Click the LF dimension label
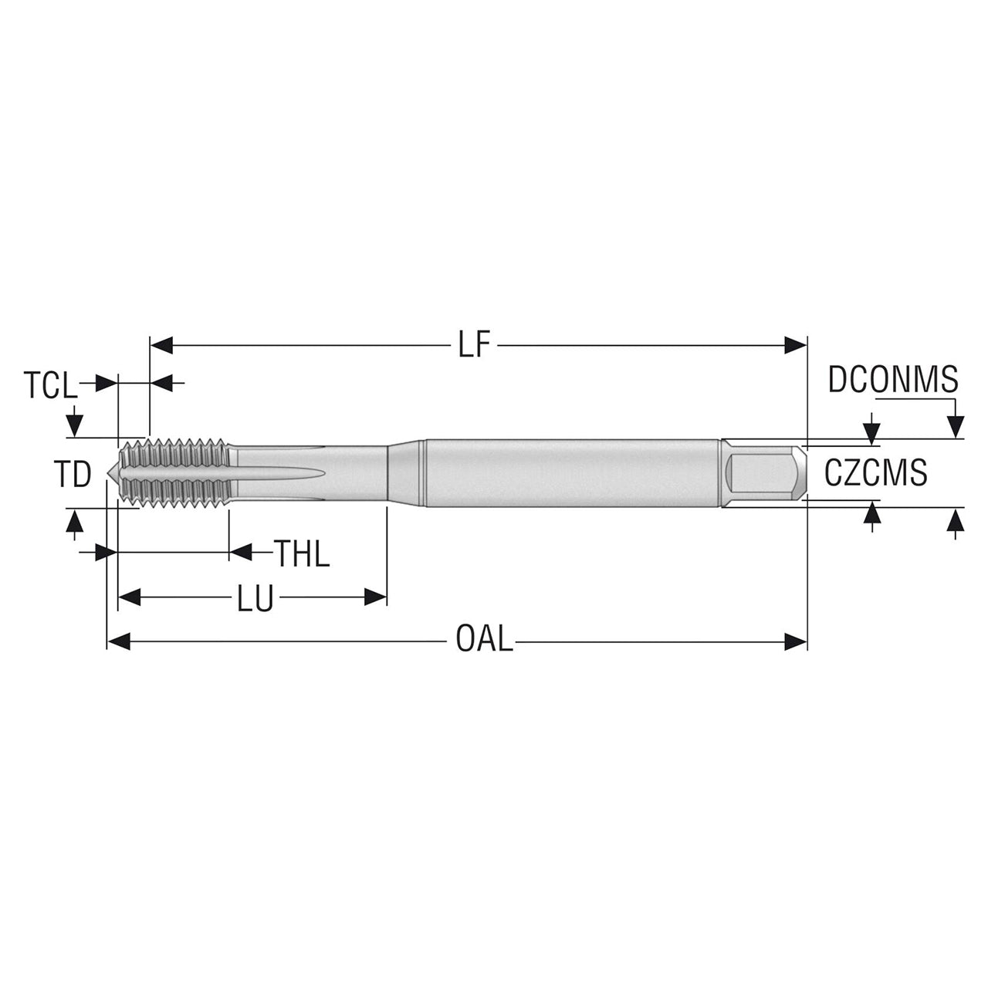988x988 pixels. tap(474, 344)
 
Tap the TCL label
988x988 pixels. tap(50, 385)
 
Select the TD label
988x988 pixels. tap(73, 474)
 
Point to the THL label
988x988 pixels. tap(302, 553)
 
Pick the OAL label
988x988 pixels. tap(485, 640)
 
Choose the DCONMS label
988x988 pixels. tap(893, 380)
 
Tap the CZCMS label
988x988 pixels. tap(876, 472)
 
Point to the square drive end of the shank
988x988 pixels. tap(764, 472)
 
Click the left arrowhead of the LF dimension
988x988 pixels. tap(160, 345)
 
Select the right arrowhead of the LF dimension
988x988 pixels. tap(797, 345)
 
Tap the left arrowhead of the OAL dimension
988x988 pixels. tap(118, 641)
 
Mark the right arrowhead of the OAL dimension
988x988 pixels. tap(797, 641)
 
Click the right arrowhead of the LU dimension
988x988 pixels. tap(375, 597)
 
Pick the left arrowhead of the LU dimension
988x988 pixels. tap(129, 597)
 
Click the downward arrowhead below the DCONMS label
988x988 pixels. tap(955, 427)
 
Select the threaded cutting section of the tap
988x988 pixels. tap(174, 472)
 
